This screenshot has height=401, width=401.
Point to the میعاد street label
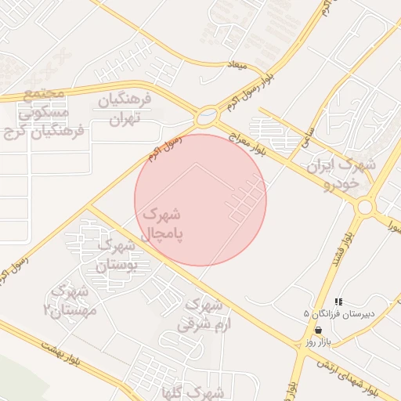237,64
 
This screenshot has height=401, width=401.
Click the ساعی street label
306,138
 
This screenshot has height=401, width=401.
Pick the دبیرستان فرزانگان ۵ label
340,314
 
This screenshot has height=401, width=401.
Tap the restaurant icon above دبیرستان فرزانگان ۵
338,302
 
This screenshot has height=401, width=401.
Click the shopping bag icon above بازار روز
317,331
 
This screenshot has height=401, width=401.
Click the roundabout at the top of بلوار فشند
364,207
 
